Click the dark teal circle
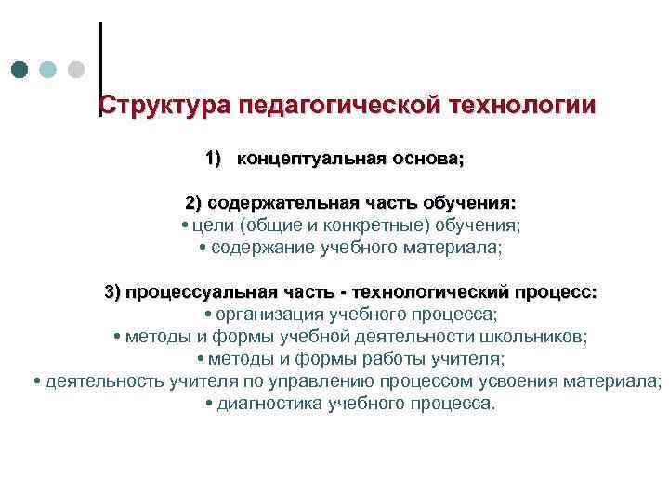point(20,70)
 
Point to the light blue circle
point(48,70)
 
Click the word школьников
point(535,337)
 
